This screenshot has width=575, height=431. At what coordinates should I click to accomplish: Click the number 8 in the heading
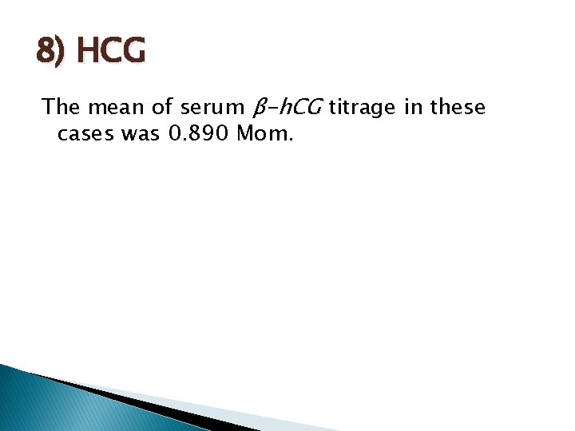[46, 52]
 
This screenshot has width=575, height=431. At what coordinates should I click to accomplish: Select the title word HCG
[113, 52]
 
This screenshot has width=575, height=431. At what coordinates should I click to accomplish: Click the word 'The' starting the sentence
[60, 107]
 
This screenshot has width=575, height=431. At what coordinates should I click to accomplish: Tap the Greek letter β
[258, 108]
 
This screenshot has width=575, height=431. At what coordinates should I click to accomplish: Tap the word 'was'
[141, 134]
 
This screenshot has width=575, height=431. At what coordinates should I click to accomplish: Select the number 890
[212, 133]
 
